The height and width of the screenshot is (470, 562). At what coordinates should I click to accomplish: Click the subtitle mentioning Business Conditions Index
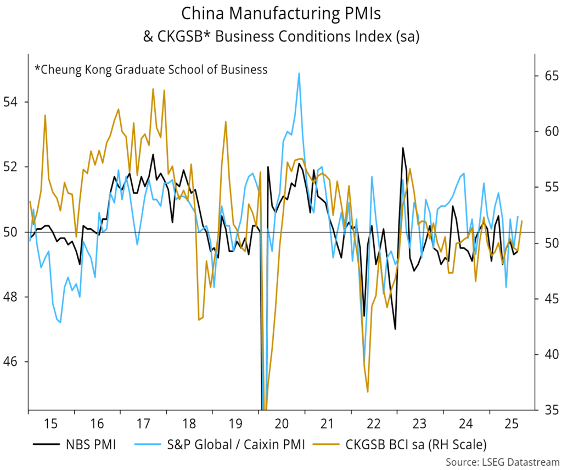pyautogui.click(x=280, y=37)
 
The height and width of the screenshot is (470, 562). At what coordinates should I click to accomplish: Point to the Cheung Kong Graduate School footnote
pyautogui.click(x=151, y=69)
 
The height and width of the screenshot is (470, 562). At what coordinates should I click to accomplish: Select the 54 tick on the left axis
pyautogui.click(x=12, y=102)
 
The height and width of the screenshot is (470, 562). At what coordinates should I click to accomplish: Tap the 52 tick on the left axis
pyautogui.click(x=12, y=167)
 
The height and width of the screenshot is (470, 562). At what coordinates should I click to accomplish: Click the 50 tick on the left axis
pyautogui.click(x=12, y=232)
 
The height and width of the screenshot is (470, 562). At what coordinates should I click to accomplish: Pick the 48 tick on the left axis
pyautogui.click(x=12, y=297)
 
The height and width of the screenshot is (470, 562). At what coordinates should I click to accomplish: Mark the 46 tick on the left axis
pyautogui.click(x=12, y=362)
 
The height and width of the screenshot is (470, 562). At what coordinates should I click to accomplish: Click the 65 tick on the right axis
pyautogui.click(x=550, y=76)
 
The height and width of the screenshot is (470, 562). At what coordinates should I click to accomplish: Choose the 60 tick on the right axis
pyautogui.click(x=550, y=132)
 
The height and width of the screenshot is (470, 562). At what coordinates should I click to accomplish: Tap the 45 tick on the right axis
pyautogui.click(x=550, y=298)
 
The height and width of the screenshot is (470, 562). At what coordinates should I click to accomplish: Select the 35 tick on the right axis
pyautogui.click(x=550, y=410)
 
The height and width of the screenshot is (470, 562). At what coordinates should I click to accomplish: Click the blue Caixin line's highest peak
pyautogui.click(x=299, y=73)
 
